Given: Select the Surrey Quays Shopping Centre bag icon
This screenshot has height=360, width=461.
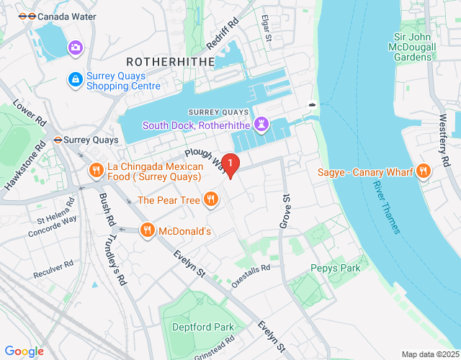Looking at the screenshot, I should pos(74,79).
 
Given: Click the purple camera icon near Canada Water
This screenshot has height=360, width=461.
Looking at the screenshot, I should pos(75,48).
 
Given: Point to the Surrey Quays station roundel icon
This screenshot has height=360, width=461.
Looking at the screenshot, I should pos(56,140).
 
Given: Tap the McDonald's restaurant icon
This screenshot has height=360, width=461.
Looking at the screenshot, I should pos(146,230).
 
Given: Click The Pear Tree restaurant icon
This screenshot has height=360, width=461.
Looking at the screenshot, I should pos(210,199).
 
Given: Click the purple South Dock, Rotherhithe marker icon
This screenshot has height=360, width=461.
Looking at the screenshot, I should pos(261,125).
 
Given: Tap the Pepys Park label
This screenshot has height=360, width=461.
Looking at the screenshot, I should pos(335,268).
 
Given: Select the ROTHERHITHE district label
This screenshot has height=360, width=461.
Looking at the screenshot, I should pos(171,62).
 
